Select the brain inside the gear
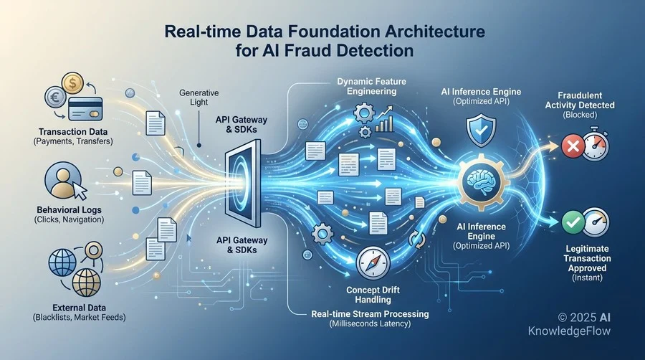481,179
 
